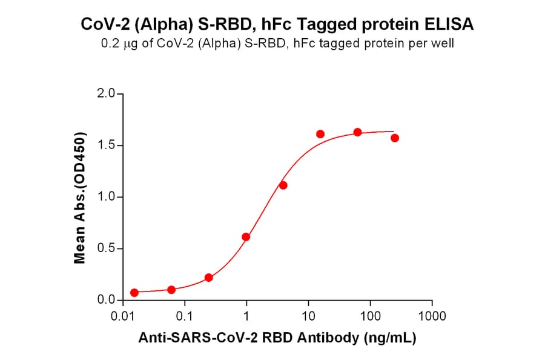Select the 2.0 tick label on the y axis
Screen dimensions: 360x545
tap(106, 94)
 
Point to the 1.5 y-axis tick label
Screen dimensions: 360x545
tap(106, 145)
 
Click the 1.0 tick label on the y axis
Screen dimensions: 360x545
tap(106, 197)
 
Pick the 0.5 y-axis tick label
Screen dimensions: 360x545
tap(106, 249)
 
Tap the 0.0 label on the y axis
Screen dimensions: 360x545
tap(106, 301)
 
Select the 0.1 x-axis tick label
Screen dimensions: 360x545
tap(185, 316)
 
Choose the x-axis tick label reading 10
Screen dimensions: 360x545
tap(308, 316)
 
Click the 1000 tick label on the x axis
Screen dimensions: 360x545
tap(432, 316)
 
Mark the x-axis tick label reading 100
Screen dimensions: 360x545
tap(370, 316)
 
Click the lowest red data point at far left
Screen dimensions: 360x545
tap(134, 292)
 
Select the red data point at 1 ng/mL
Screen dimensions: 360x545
tap(246, 237)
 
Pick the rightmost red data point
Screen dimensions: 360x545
tap(395, 138)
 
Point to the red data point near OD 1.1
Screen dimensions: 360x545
tap(283, 185)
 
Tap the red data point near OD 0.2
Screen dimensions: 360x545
tap(209, 278)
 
